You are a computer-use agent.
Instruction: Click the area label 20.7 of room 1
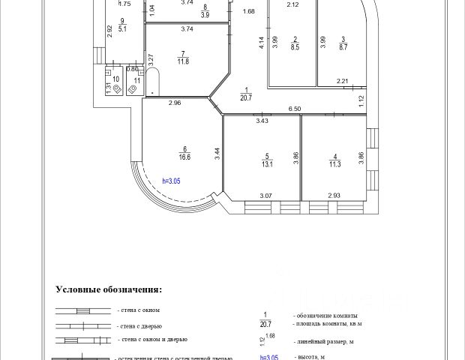[x=245, y=97]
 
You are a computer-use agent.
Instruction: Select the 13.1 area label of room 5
[x=268, y=165]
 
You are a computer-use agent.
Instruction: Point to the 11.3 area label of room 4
[x=333, y=165]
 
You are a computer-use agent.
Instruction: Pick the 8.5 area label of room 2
[x=295, y=47]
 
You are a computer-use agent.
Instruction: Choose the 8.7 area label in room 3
[x=343, y=47]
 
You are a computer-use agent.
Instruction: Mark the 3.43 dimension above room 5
[x=262, y=121]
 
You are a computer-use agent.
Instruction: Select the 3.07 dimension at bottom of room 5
[x=265, y=196]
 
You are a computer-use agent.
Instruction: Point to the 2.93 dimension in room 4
[x=334, y=196]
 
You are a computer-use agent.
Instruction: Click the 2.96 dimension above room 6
[x=175, y=103]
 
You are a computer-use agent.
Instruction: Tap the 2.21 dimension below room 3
[x=343, y=81]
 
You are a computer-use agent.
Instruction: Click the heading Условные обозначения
[x=109, y=289]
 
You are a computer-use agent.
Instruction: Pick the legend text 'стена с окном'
[x=139, y=310]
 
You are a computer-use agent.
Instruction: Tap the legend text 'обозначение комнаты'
[x=325, y=315]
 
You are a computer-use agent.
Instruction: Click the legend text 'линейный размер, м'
[x=325, y=340]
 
